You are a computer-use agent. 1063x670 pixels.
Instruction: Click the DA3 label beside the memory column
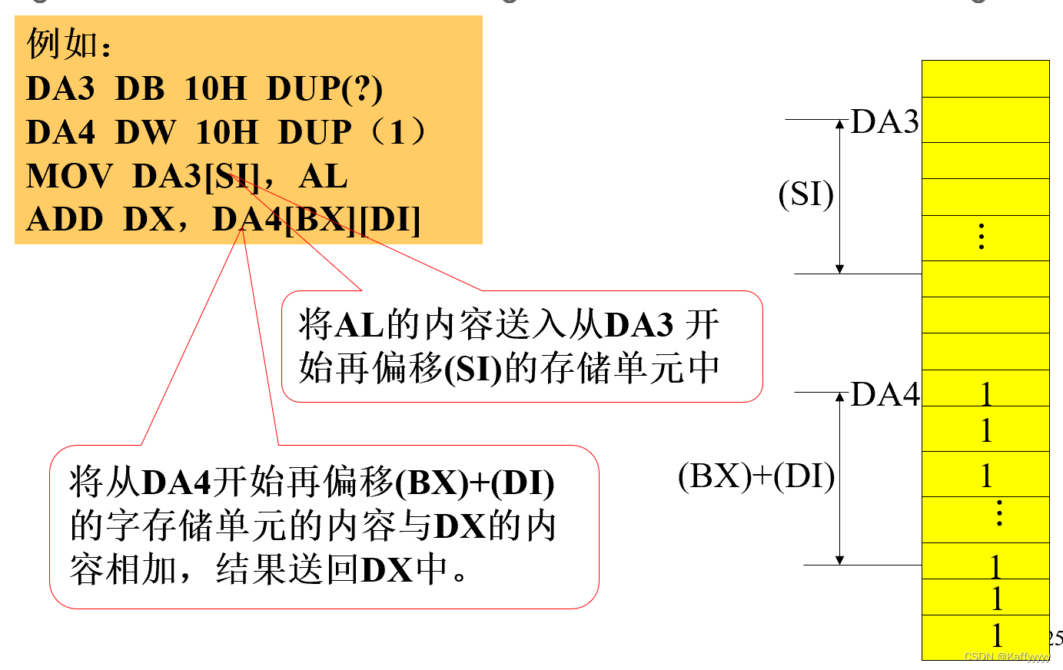coord(884,122)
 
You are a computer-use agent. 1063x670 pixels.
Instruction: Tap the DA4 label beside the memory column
coord(885,394)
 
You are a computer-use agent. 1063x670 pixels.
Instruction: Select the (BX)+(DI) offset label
coord(756,476)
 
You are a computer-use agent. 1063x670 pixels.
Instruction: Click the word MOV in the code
coord(69,176)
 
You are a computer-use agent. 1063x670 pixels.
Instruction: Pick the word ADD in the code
coord(65,220)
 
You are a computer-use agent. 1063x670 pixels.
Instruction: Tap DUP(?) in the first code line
coord(324,88)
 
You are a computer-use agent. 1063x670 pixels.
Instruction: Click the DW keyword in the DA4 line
coord(145,132)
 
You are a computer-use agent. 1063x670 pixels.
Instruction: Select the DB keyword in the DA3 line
coord(140,88)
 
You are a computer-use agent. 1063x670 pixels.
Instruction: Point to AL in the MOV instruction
coord(323,176)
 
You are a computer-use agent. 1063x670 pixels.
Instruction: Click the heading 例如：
coord(69,45)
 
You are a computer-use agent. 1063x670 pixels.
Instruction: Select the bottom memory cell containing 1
coord(986,637)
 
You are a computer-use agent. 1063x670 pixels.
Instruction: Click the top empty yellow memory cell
coord(986,78)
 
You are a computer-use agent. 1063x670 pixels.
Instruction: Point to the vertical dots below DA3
coord(982,237)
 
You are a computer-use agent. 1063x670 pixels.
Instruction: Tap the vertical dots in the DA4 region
coord(998,512)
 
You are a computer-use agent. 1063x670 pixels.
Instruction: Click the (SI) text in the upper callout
coord(473,370)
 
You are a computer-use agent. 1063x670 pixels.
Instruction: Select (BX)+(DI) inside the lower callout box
coord(475,483)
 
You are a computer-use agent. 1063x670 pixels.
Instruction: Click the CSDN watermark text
coord(1006,657)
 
